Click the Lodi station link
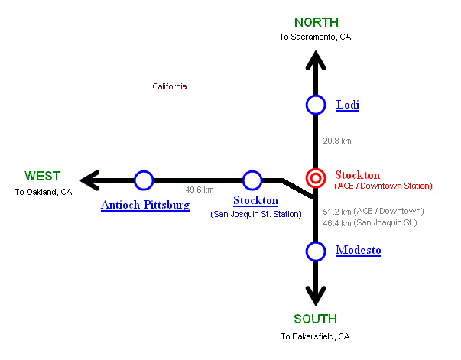[x=347, y=105]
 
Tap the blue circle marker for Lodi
[x=316, y=105]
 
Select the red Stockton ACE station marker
[x=315, y=178]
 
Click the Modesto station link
[x=358, y=250]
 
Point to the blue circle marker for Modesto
[x=316, y=250]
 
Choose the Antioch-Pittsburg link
[x=145, y=205]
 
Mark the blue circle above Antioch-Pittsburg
[x=144, y=180]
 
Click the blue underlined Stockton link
[x=255, y=201]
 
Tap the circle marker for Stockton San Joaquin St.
[x=252, y=180]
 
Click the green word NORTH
[x=316, y=22]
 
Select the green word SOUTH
[x=315, y=319]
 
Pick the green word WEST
[x=42, y=176]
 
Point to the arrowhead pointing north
[x=316, y=60]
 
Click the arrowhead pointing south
[x=315, y=297]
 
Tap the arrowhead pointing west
[x=90, y=180]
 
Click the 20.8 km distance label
[x=337, y=141]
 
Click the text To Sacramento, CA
[x=316, y=37]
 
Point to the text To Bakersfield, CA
[x=315, y=336]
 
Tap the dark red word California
[x=169, y=86]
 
